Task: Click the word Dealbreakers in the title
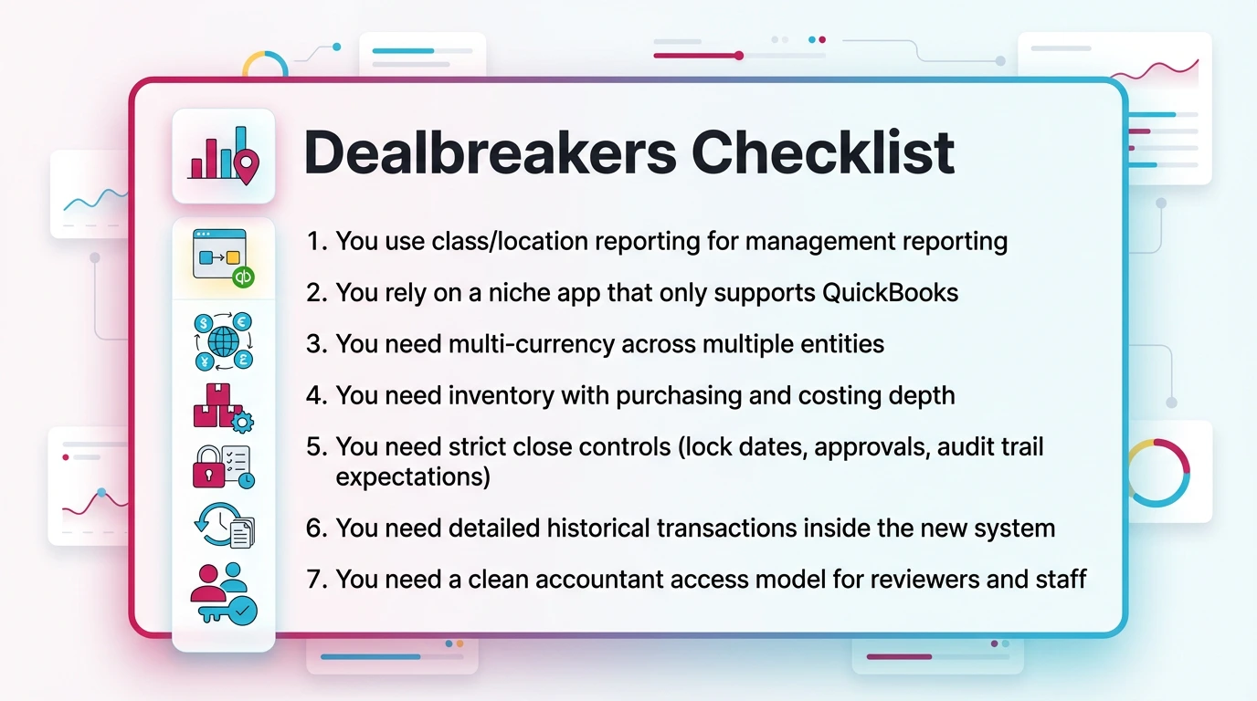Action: click(x=490, y=152)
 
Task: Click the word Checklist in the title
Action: click(x=823, y=152)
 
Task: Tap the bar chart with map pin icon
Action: click(x=224, y=155)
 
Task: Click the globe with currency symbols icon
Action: click(x=224, y=341)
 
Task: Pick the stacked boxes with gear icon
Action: click(x=222, y=406)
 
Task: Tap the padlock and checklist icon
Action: click(x=223, y=467)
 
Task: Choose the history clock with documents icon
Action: click(x=224, y=526)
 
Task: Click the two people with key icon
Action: click(x=223, y=593)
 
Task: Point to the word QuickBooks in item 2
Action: click(x=890, y=292)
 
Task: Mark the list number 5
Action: click(x=315, y=448)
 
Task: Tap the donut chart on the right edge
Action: click(x=1157, y=472)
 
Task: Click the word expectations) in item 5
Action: click(x=412, y=476)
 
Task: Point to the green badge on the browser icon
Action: click(x=243, y=277)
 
